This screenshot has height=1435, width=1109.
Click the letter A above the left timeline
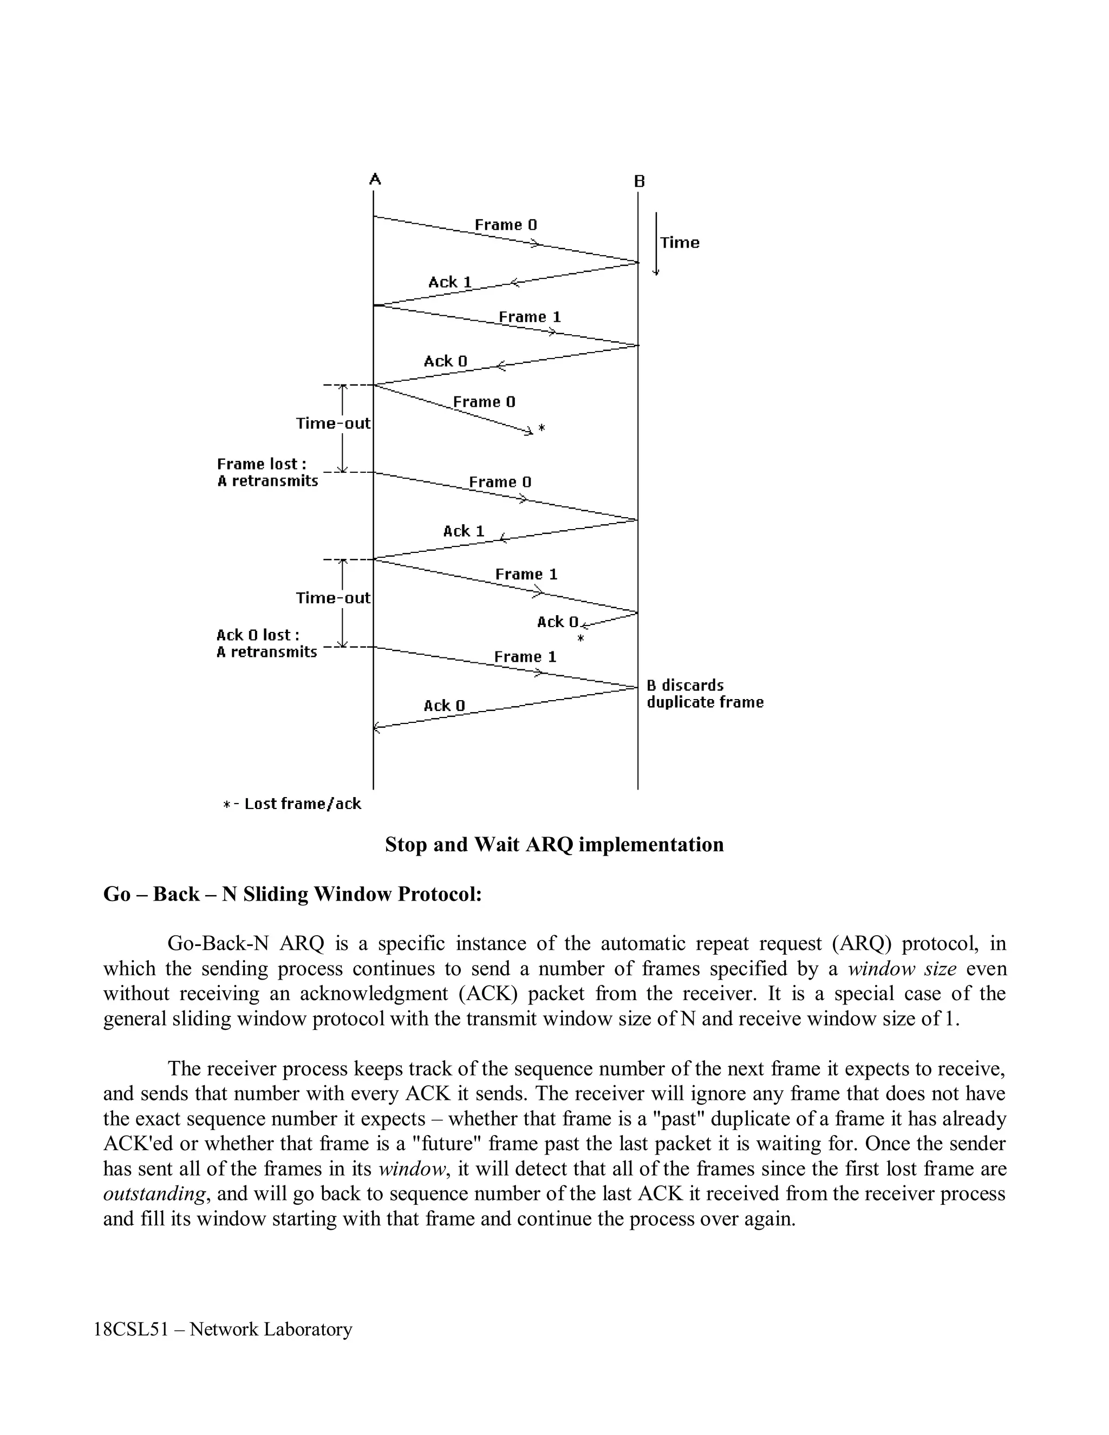pos(375,179)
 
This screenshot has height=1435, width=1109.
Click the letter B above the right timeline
pos(640,181)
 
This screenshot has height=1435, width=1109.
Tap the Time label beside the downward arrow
pos(680,243)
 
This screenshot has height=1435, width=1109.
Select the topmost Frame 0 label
pos(505,225)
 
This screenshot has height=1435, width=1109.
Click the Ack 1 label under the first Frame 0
pos(450,282)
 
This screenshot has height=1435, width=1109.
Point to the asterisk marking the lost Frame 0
pos(542,428)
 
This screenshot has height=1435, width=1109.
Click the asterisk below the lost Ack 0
pos(580,638)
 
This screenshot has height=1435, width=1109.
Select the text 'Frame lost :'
pos(262,464)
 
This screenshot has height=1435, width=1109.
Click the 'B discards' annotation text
pos(684,686)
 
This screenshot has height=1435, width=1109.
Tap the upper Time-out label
pos(333,423)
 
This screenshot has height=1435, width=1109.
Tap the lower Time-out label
pos(333,598)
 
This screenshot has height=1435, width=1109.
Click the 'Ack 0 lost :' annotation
pos(258,635)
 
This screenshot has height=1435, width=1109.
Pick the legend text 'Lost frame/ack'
pos(302,804)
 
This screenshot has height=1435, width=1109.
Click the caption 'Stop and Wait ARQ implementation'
pos(554,844)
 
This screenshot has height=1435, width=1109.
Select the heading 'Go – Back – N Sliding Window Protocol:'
pos(292,894)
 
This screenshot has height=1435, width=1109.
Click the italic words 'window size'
pos(902,969)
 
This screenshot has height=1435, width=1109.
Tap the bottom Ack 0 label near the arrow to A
pos(444,706)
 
